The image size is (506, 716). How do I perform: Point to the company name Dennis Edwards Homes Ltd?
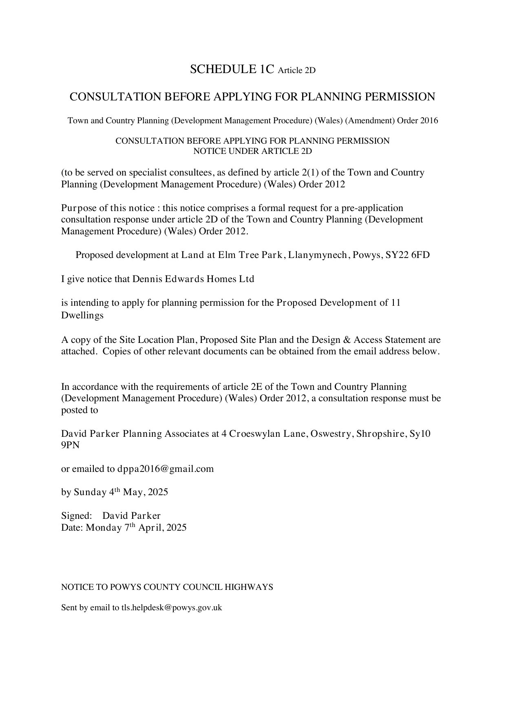tap(193, 279)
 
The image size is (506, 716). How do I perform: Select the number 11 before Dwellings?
tap(395, 303)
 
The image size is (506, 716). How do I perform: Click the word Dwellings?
tap(82, 315)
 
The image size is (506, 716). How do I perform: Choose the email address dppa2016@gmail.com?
tap(166, 469)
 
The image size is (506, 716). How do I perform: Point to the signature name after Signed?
tap(131, 516)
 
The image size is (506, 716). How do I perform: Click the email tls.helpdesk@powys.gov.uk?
tap(171, 607)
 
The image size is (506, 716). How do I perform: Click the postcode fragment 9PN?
tap(70, 445)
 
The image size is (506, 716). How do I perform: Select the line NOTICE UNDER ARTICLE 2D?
tap(252, 151)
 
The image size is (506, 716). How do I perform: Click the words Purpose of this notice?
tap(108, 208)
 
